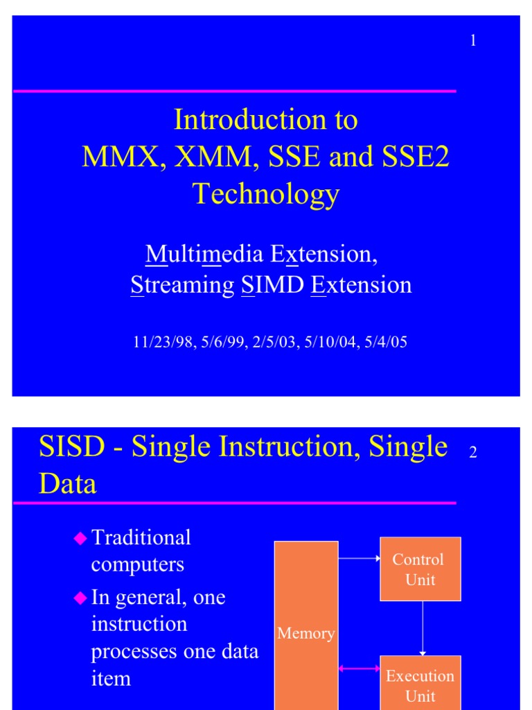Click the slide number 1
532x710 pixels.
[x=473, y=41]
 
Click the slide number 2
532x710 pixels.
[x=473, y=453]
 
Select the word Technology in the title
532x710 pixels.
[x=266, y=194]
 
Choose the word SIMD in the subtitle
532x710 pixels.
[x=273, y=285]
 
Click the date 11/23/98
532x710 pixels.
[x=157, y=342]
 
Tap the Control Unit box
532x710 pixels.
[x=420, y=569]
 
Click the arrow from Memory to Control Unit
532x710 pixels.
[x=359, y=557]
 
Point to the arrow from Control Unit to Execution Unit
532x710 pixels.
[x=423, y=627]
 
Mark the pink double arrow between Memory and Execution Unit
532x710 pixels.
[x=359, y=669]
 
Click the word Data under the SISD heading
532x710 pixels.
[x=68, y=484]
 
